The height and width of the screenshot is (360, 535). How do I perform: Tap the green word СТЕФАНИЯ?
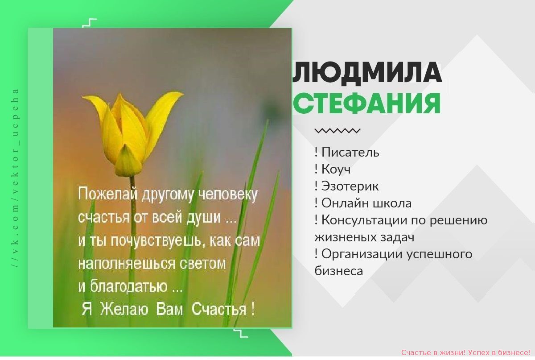click(366, 103)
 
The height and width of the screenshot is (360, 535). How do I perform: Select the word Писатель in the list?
click(350, 152)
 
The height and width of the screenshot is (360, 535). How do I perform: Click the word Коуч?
click(336, 169)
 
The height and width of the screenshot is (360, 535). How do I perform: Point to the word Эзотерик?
click(350, 186)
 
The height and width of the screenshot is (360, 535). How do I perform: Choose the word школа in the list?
click(392, 203)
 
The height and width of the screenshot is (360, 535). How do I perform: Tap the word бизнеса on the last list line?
click(339, 271)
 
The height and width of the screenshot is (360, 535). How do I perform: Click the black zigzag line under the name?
click(337, 131)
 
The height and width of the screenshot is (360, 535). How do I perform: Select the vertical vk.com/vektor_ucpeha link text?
click(16, 178)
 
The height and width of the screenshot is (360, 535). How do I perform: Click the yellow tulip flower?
click(132, 133)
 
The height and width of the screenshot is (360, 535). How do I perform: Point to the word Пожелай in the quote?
click(108, 194)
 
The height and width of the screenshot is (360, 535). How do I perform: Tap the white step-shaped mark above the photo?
click(90, 23)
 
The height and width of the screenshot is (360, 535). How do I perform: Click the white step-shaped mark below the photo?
click(241, 333)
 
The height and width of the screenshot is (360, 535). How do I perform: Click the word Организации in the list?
click(362, 254)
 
